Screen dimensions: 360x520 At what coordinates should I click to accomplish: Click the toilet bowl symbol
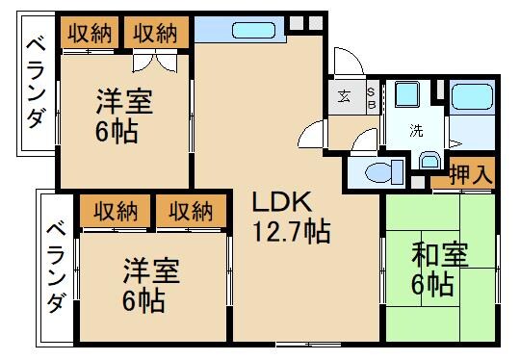380,173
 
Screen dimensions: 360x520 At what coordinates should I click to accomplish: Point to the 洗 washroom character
416,130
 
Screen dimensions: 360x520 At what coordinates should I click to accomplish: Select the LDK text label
280,202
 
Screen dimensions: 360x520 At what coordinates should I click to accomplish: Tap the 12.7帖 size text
291,232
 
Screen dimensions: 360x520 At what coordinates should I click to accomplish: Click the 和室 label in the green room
439,256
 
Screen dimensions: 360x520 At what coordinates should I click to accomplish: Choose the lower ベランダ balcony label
56,267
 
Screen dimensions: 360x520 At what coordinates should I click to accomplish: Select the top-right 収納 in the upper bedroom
155,33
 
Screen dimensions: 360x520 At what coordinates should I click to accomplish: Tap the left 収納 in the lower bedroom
113,210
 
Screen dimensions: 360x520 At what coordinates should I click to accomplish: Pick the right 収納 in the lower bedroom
191,210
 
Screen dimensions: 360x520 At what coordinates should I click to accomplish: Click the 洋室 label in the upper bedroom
124,100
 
